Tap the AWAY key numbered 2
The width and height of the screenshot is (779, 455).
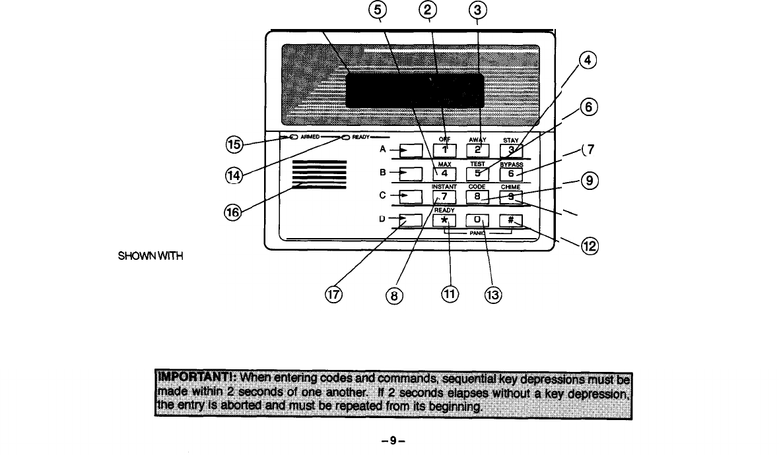[x=479, y=150]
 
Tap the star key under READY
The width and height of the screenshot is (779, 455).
[x=445, y=220]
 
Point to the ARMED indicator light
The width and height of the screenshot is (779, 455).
[x=293, y=137]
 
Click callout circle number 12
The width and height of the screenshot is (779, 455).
[x=589, y=247]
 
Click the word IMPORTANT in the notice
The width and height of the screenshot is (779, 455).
[x=196, y=379]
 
